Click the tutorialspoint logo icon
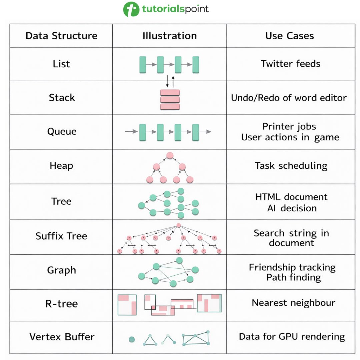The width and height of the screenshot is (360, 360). point(131,9)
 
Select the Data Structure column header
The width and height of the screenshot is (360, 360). point(61,36)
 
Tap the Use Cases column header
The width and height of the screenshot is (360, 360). point(289,36)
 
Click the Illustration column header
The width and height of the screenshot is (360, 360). point(169,36)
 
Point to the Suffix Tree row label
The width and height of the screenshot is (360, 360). point(61,236)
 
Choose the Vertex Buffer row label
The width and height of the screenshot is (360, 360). point(61,337)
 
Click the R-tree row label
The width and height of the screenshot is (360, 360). point(61,304)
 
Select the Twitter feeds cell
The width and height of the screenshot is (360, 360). point(290,63)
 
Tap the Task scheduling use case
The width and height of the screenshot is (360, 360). point(291,166)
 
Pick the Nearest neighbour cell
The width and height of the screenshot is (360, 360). point(293,303)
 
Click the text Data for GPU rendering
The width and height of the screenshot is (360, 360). point(292,336)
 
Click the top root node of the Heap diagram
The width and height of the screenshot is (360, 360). point(170,155)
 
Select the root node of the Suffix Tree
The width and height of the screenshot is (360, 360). point(179,225)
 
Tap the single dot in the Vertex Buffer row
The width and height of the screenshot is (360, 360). point(132,340)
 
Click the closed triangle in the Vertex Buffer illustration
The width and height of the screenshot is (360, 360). point(150,341)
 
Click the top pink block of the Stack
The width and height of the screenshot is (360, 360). point(170,92)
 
